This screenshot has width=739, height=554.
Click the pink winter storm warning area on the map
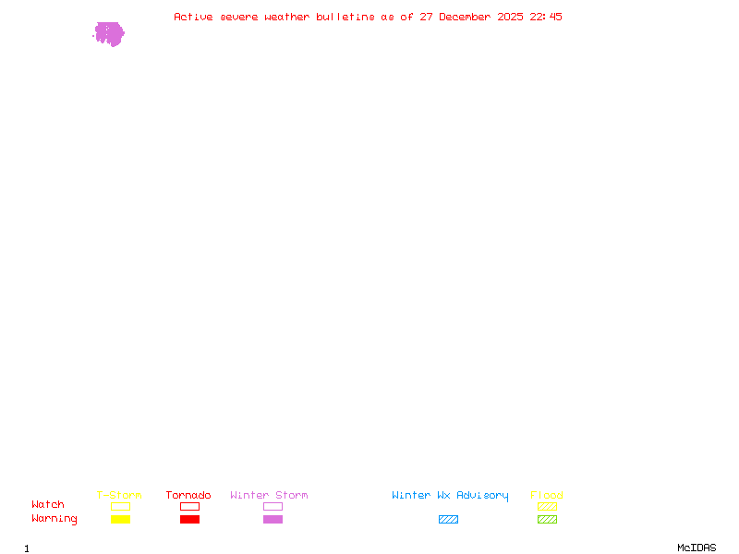tap(109, 34)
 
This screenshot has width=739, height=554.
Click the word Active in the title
tap(194, 17)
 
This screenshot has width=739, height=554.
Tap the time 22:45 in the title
tap(546, 17)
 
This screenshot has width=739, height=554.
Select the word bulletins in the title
tap(345, 17)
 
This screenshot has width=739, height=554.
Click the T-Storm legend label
tap(119, 495)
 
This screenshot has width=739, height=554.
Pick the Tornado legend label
tap(188, 495)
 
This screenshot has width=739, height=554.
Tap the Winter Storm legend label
tap(269, 495)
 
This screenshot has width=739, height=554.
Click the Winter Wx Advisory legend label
tap(450, 495)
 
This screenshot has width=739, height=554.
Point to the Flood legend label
tap(547, 495)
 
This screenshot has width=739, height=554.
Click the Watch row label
tap(48, 505)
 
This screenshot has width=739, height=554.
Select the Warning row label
tap(55, 519)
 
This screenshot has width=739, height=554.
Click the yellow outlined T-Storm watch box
tap(120, 506)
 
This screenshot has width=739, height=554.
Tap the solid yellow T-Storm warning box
tap(120, 519)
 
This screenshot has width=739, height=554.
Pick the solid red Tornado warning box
tap(189, 519)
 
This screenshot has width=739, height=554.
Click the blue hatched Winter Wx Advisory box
tap(448, 519)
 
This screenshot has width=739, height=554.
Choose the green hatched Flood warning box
tap(547, 519)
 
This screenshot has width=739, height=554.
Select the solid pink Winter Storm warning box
tap(273, 519)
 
